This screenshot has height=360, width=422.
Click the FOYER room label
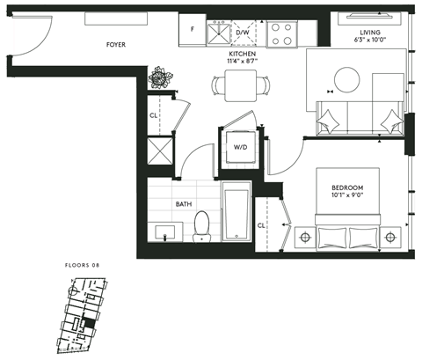(x=114, y=42)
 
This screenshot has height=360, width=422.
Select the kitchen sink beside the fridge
(x=217, y=33)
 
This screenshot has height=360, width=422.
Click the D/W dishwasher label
(x=243, y=31)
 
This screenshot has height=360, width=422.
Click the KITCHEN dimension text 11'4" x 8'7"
(x=242, y=62)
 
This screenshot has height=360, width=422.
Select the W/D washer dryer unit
(x=239, y=147)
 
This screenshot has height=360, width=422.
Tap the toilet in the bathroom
(x=200, y=225)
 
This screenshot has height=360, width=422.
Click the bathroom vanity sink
(x=164, y=232)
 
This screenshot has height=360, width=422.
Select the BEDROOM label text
(x=348, y=188)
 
